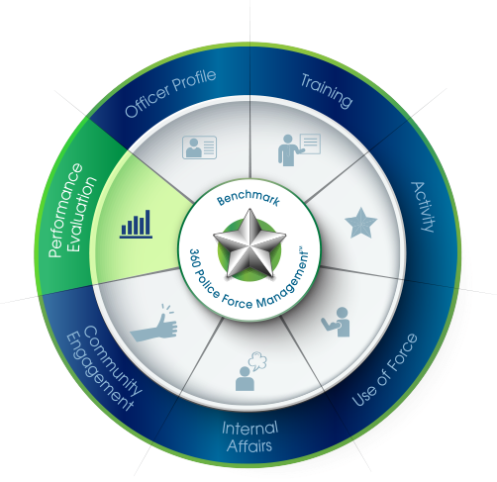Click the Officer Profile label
pos(170,93)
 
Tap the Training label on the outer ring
pos(327,90)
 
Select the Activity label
pos(423,207)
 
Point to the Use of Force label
pos(385,370)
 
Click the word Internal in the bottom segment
pos(249,428)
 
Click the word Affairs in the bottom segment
pos(249,445)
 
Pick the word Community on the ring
pos(113,360)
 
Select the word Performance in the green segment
pos(64,210)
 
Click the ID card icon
pos(200,147)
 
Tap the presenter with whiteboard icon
pos(299,149)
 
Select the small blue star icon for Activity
pos(360,223)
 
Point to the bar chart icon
pos(136,224)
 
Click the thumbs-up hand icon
pos(153,324)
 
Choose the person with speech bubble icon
pos(250,371)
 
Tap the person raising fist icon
pos(336,322)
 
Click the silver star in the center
pos(249,243)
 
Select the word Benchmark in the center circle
pos(248,198)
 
